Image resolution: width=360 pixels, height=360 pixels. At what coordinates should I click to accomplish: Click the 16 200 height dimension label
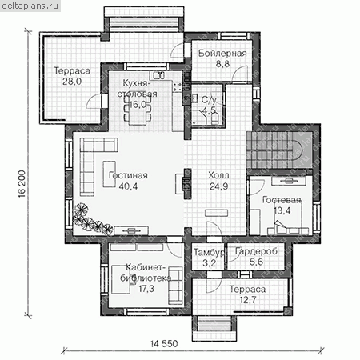(22, 184)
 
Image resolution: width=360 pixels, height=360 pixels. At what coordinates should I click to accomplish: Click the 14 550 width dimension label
(164, 343)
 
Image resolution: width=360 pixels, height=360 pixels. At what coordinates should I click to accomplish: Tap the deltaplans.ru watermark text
(30, 6)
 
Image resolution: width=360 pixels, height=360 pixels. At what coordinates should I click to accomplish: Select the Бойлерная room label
(222, 54)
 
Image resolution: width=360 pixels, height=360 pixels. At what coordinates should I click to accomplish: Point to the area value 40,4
(128, 186)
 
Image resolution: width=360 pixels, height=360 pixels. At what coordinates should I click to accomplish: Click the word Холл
(218, 175)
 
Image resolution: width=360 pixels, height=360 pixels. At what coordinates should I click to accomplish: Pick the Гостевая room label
(282, 200)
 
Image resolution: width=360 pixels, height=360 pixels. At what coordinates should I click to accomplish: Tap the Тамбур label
(209, 252)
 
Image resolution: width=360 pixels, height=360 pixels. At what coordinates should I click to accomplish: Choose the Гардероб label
(256, 251)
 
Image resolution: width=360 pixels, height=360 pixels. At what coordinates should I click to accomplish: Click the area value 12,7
(248, 300)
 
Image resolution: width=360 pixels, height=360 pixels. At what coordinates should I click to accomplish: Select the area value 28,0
(72, 82)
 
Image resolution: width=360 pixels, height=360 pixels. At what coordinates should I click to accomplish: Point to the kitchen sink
(159, 75)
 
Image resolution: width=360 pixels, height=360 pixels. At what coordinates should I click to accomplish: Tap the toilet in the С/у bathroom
(215, 119)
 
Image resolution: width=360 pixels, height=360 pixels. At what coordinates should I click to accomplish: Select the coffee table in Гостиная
(110, 174)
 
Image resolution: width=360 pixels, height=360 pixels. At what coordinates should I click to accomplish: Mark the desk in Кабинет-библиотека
(121, 279)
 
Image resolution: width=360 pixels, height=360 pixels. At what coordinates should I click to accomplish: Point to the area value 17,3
(146, 288)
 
